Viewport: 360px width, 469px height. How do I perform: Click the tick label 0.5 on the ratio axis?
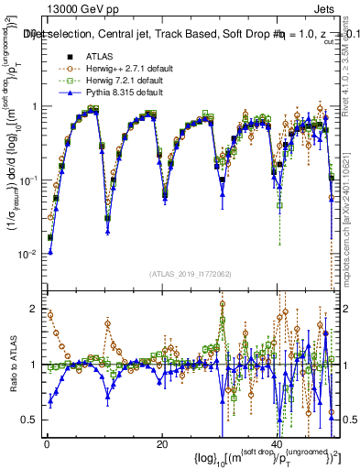point(30,420)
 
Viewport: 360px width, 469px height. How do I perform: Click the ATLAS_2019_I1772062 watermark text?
point(188,273)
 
